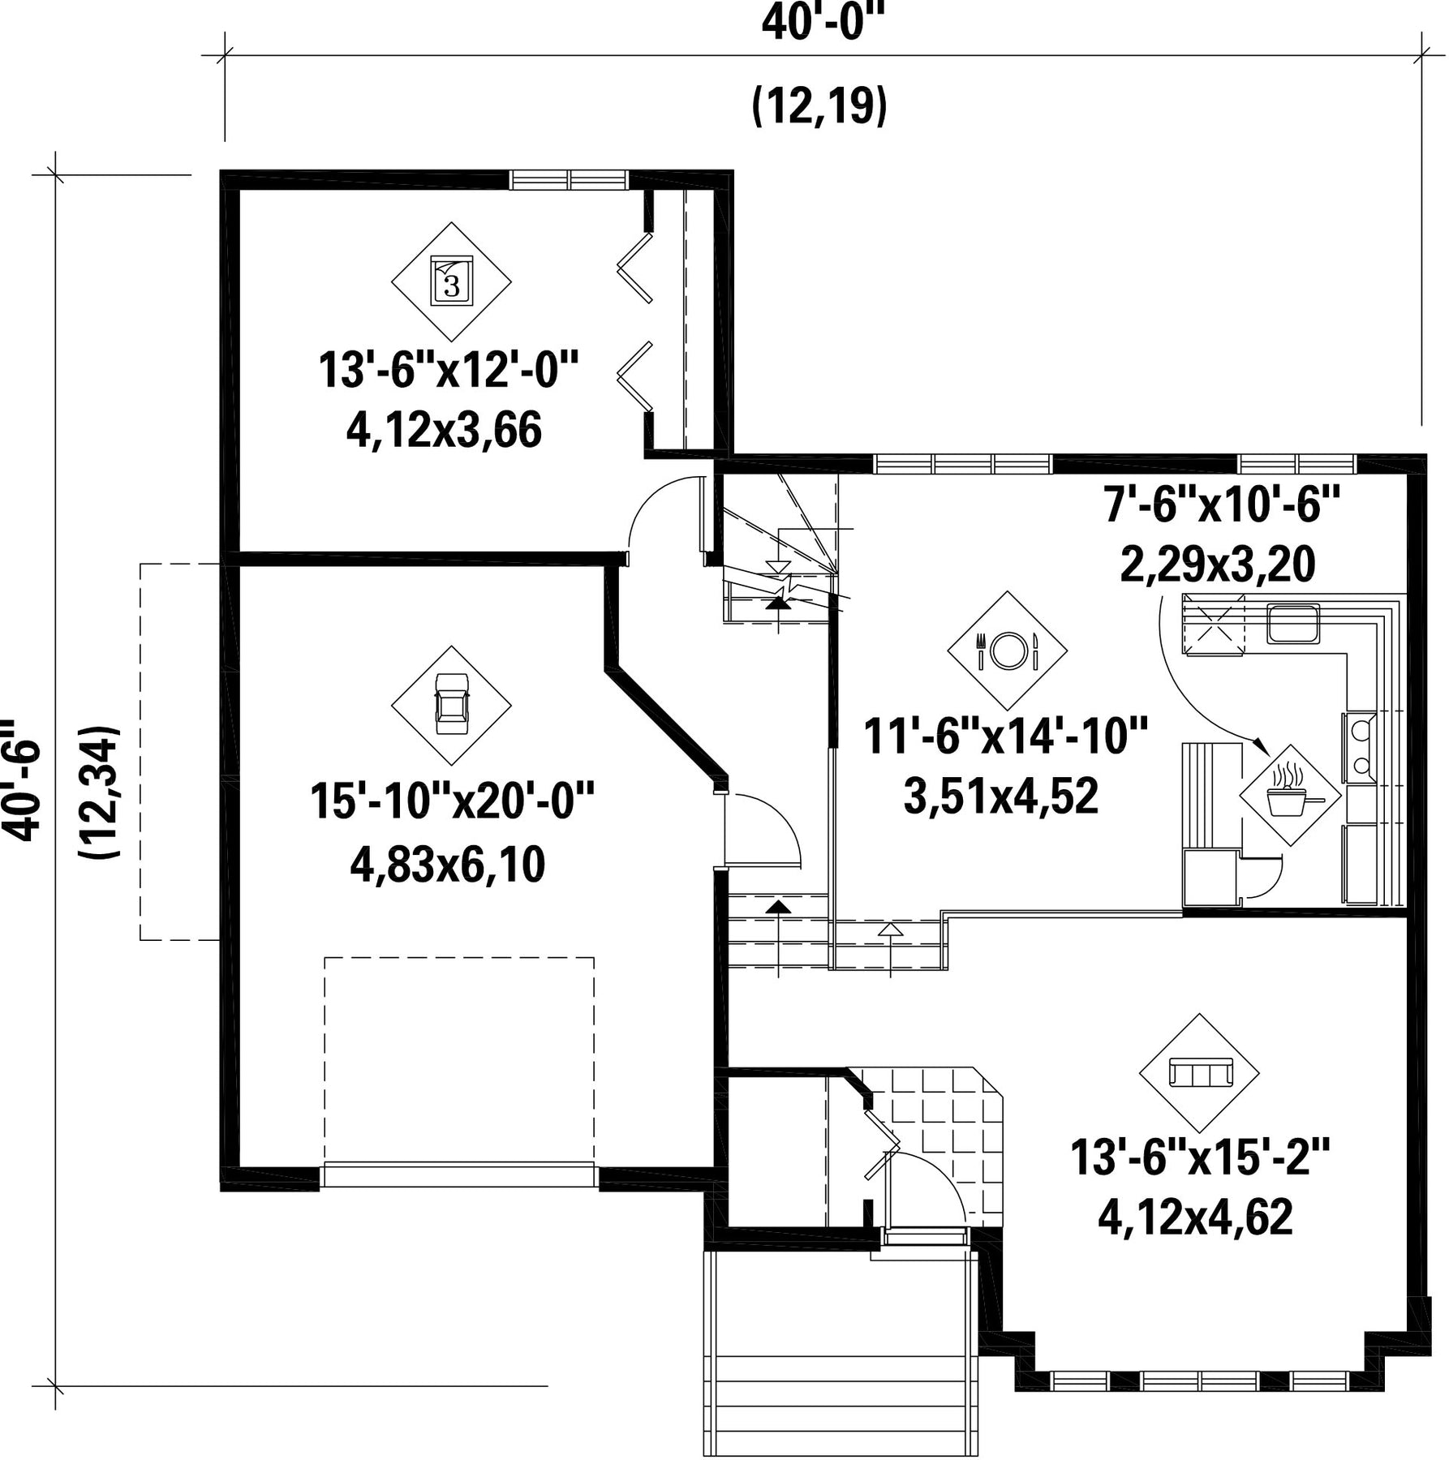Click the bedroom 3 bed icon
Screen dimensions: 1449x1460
point(451,281)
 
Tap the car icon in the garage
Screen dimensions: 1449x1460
point(451,705)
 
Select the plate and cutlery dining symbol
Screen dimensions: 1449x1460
point(1008,651)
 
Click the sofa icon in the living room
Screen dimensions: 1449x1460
point(1199,1073)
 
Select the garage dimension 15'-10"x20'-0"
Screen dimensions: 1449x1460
point(453,801)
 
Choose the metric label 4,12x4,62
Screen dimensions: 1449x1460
point(1195,1217)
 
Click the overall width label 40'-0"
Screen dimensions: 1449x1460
point(820,22)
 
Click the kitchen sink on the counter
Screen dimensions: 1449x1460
point(1294,623)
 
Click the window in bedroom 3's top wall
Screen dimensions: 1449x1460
point(569,179)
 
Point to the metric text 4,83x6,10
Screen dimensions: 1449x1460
point(448,865)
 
